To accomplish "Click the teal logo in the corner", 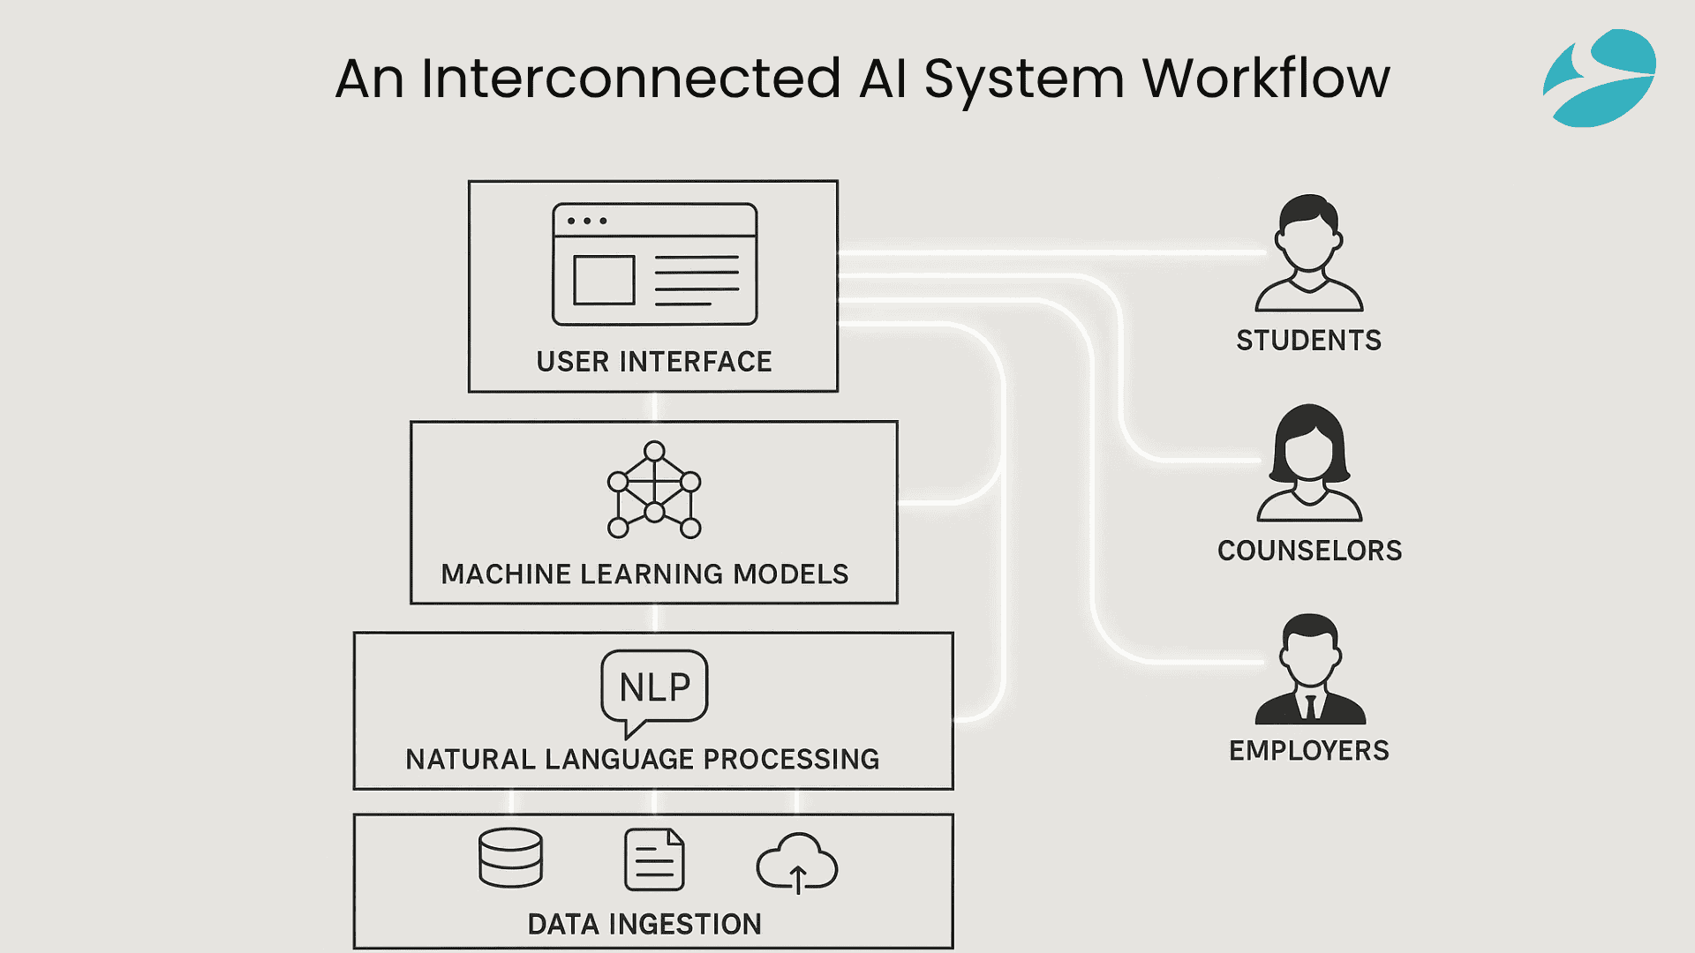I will (x=1600, y=78).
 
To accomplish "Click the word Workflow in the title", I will (x=1266, y=79).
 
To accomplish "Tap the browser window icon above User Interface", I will (x=654, y=264).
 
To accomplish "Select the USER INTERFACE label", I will (x=654, y=362).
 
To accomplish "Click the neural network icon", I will (x=654, y=490).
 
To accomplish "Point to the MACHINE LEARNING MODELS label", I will (x=644, y=574).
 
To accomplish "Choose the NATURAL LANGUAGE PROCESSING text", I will (x=643, y=759).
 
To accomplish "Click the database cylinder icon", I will (x=510, y=858).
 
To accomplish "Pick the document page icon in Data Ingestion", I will (x=654, y=859).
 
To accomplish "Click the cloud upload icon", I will (x=797, y=863).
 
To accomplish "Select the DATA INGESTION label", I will (x=644, y=924).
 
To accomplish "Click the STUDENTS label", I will (x=1308, y=341).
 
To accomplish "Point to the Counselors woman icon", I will (x=1309, y=462).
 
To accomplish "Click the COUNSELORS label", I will (x=1309, y=551).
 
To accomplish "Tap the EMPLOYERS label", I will (x=1309, y=751).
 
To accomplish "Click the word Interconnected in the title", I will (x=630, y=79).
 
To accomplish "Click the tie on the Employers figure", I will (x=1311, y=707).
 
